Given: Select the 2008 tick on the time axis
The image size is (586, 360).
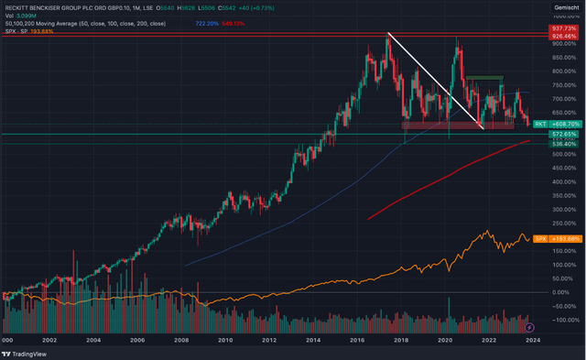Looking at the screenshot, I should [x=180, y=340].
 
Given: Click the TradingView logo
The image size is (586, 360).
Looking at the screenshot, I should [x=30, y=351].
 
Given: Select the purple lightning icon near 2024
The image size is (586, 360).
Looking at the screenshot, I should [x=530, y=325].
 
